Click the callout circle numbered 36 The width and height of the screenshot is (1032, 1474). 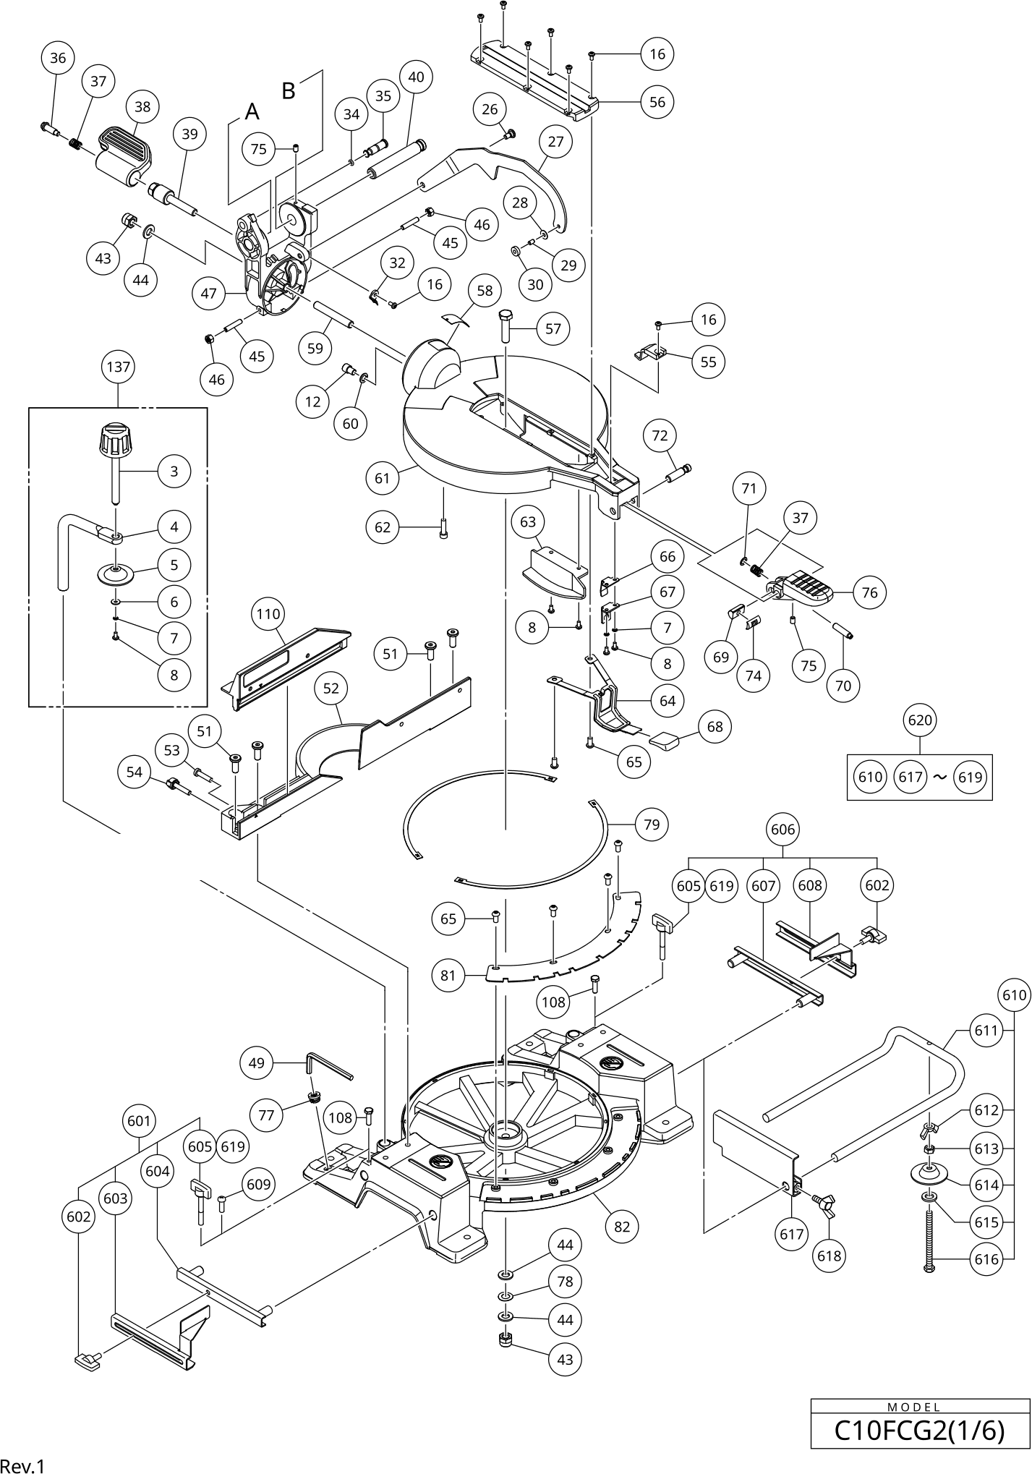[58, 58]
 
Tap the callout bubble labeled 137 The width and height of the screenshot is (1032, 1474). [118, 367]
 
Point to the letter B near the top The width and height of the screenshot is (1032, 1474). [289, 92]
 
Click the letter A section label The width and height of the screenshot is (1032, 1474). [252, 111]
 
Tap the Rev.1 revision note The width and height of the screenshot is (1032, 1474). [22, 1464]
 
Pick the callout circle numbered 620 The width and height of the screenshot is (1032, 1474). [919, 720]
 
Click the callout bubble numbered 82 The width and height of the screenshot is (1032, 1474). [622, 1226]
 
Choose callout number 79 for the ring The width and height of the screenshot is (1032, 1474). [652, 824]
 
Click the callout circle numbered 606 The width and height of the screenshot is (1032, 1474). [783, 830]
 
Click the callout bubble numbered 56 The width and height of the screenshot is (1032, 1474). [657, 102]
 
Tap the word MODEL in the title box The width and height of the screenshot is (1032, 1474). [919, 1407]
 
